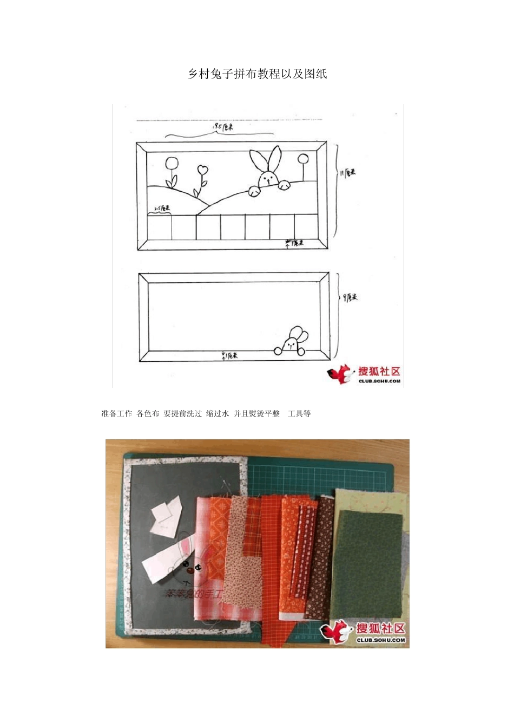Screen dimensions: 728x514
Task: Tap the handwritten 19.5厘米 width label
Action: click(223, 127)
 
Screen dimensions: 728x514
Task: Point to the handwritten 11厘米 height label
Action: click(348, 173)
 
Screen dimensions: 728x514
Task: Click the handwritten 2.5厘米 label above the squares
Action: click(162, 208)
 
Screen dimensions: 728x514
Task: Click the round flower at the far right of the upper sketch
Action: click(303, 159)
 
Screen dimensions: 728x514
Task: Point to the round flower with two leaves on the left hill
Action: click(172, 164)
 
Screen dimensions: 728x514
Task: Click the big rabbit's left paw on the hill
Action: click(254, 190)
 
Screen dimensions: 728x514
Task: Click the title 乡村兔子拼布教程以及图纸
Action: click(257, 74)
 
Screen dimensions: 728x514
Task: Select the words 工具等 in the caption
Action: click(299, 414)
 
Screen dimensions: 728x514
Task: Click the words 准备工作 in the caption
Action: click(116, 414)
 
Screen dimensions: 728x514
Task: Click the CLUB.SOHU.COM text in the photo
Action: click(380, 640)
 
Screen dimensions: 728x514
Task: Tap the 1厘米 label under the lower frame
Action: click(229, 356)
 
